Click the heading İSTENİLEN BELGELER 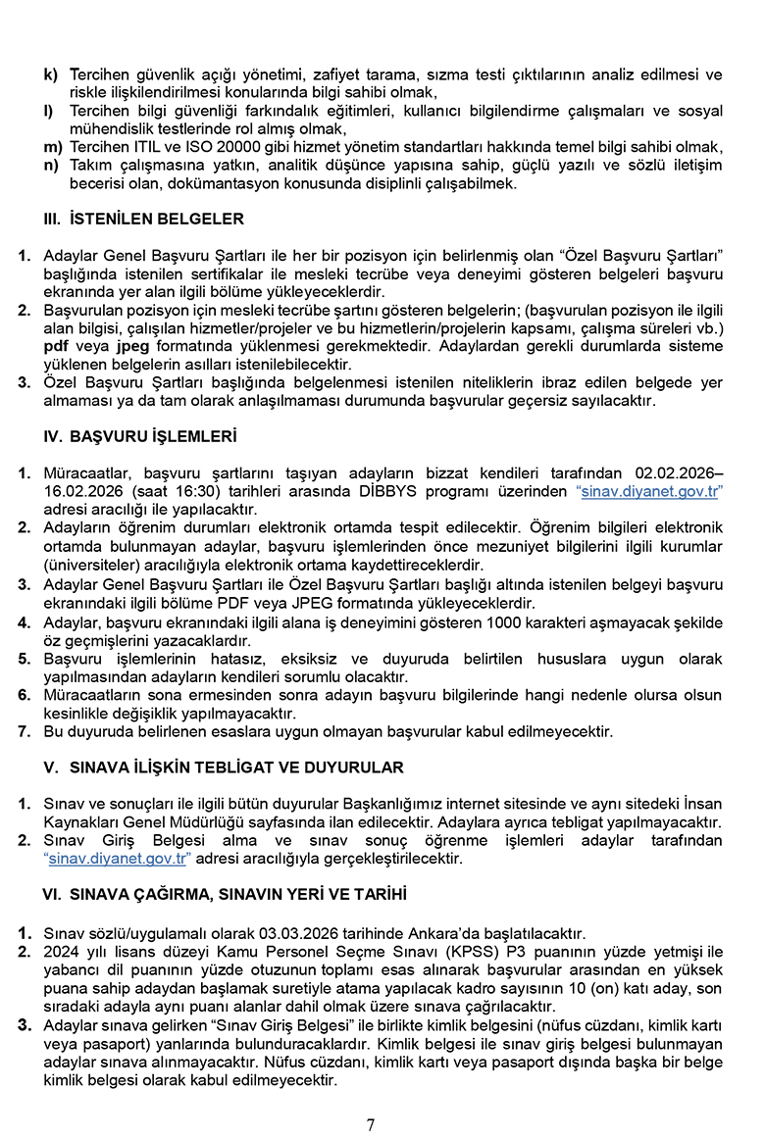click(156, 220)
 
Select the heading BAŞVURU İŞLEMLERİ click(153, 436)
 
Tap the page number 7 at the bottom click(371, 1124)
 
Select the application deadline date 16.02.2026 click(79, 491)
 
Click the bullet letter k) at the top click(50, 74)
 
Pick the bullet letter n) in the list click(51, 165)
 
